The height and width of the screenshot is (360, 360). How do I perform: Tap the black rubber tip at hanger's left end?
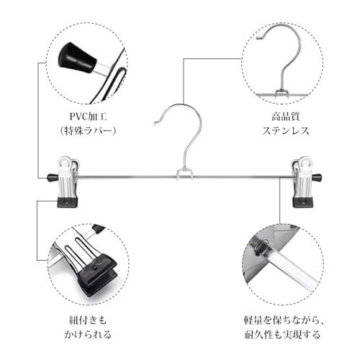click(x=51, y=176)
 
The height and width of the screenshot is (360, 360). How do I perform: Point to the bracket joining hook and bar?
click(x=184, y=174)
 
